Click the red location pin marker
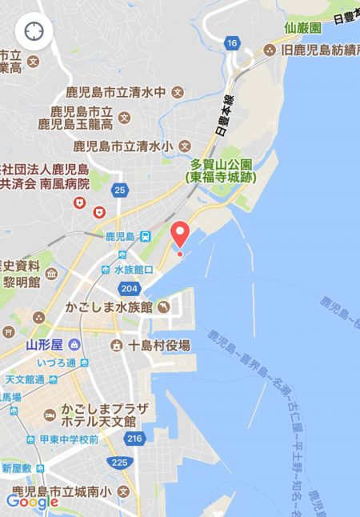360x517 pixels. coord(180,233)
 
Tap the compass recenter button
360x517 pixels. coord(34,32)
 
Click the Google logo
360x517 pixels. coord(32,502)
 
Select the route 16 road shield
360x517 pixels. coord(232,42)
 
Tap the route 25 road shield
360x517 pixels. coord(120,190)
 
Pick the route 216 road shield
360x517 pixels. coord(134,438)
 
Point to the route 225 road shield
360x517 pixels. coord(119,462)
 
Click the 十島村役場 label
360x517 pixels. coord(160,345)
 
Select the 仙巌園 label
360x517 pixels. coord(302,28)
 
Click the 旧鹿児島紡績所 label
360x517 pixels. coord(312,51)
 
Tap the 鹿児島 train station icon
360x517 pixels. coord(146,236)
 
